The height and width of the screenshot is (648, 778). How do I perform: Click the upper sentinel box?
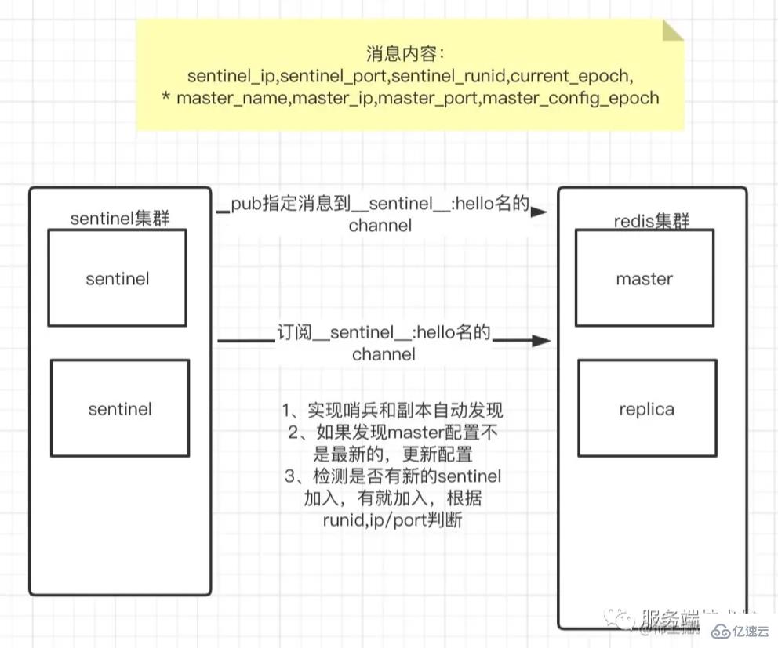coord(117,278)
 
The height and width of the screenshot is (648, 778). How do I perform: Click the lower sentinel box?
coord(119,408)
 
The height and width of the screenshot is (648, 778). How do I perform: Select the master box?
coord(644,278)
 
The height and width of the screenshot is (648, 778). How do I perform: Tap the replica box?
coord(646,408)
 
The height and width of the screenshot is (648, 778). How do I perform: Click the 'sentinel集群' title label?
coord(120,219)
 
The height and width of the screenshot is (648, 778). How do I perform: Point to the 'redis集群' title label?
coord(651,221)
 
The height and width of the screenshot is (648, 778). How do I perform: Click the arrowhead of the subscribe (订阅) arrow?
coord(540,341)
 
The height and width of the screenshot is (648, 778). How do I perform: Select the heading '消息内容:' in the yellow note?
coord(405,54)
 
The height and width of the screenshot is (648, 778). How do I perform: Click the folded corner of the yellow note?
coord(673,31)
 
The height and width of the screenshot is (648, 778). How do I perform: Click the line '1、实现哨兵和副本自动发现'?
coord(392,410)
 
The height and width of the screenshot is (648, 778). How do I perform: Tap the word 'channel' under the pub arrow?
coord(380,226)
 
